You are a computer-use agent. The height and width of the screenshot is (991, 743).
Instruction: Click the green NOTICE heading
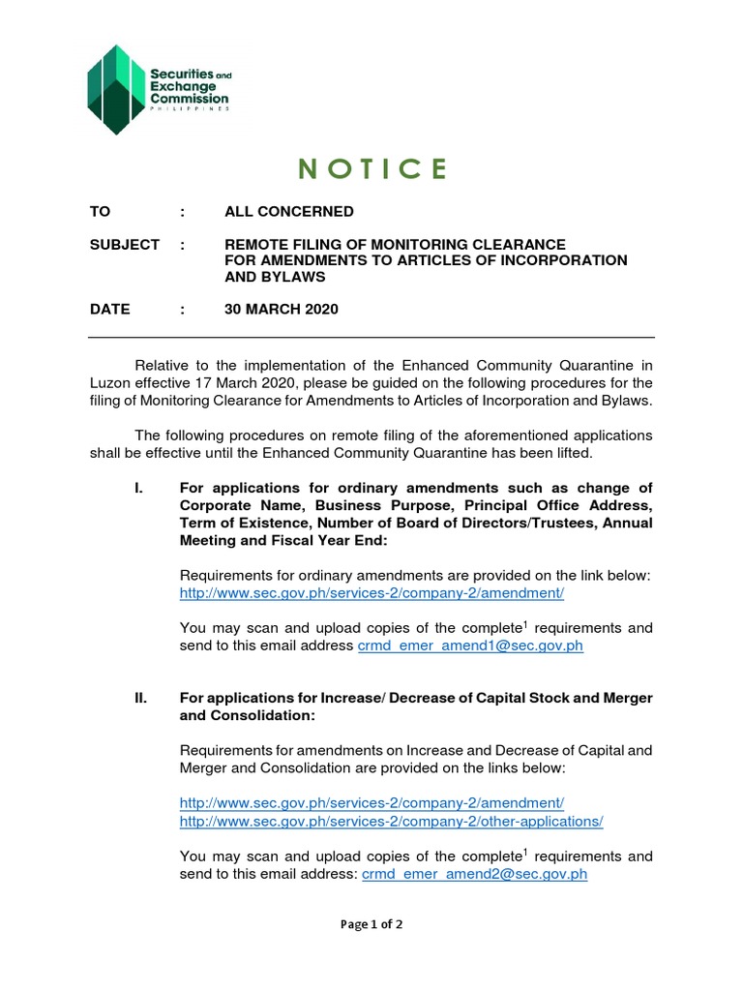(x=371, y=169)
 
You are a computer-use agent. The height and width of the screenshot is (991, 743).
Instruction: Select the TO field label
(x=101, y=212)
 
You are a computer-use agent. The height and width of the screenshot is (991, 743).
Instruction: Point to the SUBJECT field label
(x=124, y=245)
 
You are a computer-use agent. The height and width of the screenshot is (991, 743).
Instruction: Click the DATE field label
(x=109, y=310)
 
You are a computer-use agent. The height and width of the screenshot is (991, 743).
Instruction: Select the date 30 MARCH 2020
(x=282, y=310)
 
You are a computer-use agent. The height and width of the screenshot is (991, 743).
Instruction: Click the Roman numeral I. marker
(x=140, y=488)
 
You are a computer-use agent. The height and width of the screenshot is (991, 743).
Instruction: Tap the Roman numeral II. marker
(x=140, y=699)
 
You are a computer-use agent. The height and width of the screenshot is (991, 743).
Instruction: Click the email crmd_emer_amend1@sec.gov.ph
(x=471, y=646)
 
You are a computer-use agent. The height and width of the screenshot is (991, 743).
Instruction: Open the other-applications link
(x=391, y=821)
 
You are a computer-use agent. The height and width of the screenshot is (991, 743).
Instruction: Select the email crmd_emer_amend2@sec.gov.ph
(x=474, y=874)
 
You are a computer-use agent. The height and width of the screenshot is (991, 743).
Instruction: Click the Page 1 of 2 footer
(x=371, y=924)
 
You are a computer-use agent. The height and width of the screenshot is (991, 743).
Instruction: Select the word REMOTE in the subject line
(x=253, y=245)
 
